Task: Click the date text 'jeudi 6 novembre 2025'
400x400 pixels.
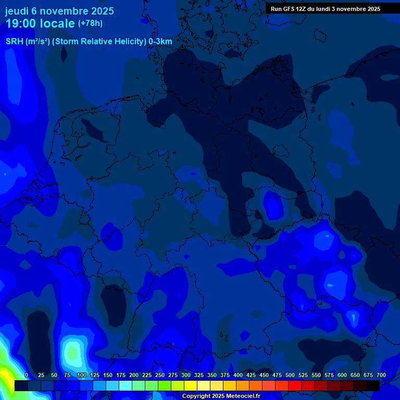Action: [59, 11]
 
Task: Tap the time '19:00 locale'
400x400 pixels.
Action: [40, 23]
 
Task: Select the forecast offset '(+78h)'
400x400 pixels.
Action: [90, 23]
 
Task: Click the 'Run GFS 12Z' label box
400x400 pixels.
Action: [326, 9]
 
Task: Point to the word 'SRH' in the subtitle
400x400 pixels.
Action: [14, 42]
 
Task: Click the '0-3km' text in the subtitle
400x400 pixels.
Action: [160, 42]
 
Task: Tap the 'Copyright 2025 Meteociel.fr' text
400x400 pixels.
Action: [221, 396]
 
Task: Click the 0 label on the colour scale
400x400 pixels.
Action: [27, 376]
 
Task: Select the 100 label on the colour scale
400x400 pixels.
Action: [81, 376]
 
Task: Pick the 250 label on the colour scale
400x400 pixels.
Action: [160, 376]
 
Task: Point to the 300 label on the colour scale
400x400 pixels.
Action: [186, 376]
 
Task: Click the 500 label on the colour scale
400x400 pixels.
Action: [290, 376]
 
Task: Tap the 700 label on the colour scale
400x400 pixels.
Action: [381, 376]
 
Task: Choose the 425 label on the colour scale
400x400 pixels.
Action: [251, 376]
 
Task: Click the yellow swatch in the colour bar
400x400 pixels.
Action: [191, 385]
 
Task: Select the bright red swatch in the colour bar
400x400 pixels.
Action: [295, 385]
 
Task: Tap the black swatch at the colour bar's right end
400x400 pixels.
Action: [373, 385]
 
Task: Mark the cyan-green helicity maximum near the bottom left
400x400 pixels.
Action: [72, 353]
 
